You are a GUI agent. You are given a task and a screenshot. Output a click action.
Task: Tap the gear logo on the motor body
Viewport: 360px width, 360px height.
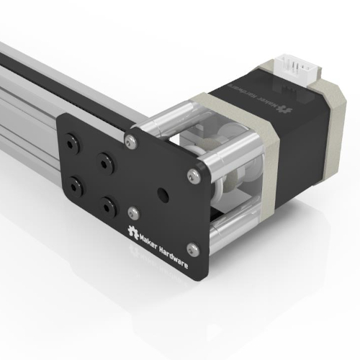[x=284, y=109]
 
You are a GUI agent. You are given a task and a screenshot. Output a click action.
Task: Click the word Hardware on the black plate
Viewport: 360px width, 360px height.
[x=174, y=257]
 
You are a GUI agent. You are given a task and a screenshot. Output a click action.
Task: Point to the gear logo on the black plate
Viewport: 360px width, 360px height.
[x=132, y=232]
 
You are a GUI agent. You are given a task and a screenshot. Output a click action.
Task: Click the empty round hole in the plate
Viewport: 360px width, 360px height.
[x=163, y=195]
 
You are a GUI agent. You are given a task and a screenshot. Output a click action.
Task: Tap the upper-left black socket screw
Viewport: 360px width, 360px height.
[x=71, y=144]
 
